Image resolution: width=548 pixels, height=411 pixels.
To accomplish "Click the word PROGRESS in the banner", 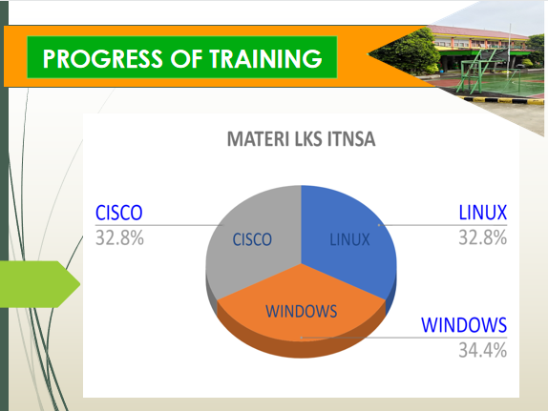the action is point(103,58).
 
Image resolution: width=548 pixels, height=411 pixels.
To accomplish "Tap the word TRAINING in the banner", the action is point(265,58).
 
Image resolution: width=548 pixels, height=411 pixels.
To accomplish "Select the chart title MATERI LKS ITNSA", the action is point(302,139).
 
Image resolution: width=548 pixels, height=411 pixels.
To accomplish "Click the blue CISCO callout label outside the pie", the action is point(118,213).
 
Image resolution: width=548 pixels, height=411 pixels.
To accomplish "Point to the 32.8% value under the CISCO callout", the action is point(119,237).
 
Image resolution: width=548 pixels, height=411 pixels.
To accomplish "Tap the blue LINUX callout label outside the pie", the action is point(483,213).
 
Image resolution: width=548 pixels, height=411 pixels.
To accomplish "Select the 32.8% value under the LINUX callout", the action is point(483,237).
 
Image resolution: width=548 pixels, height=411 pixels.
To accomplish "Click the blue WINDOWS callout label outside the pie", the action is point(464,325).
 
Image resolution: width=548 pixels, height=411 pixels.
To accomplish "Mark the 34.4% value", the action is point(483,350).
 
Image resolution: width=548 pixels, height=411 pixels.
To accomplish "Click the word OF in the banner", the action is point(186,58).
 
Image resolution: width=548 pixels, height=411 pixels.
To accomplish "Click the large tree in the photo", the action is point(406,52).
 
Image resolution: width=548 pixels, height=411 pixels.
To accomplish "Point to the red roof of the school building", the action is point(479,32).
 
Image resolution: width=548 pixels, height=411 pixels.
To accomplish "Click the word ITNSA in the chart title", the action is point(351,139).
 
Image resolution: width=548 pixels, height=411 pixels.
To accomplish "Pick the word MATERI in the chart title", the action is point(258,139).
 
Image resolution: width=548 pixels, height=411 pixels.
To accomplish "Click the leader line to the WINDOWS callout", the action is point(404,338).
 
